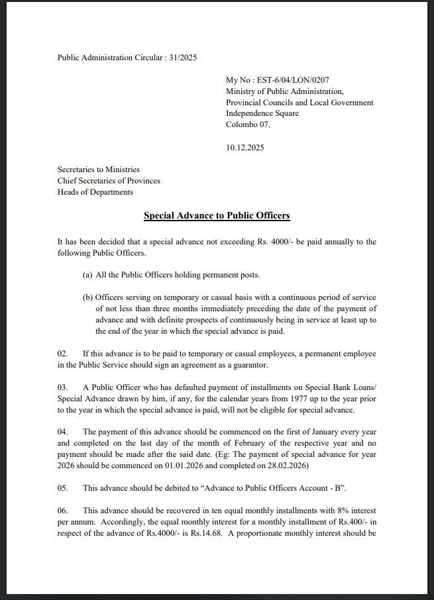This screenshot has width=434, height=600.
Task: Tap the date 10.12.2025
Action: tap(244, 147)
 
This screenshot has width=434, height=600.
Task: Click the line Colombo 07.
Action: tap(248, 125)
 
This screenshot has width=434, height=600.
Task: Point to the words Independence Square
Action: tap(262, 113)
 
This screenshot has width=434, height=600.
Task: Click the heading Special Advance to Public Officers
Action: tap(217, 216)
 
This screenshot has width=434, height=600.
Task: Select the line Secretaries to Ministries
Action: tap(99, 170)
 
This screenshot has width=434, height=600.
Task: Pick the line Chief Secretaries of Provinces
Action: tap(109, 181)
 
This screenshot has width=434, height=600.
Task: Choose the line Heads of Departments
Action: tap(95, 192)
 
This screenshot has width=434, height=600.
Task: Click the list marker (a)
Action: tap(87, 275)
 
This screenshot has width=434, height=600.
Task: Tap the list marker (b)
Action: tap(87, 297)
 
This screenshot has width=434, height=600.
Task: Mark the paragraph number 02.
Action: tap(63, 354)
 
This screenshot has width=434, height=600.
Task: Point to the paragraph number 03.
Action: tap(63, 387)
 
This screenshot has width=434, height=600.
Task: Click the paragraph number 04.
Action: tap(63, 432)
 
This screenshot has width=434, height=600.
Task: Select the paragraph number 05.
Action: tap(63, 488)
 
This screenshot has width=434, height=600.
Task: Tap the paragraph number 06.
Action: tap(63, 511)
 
